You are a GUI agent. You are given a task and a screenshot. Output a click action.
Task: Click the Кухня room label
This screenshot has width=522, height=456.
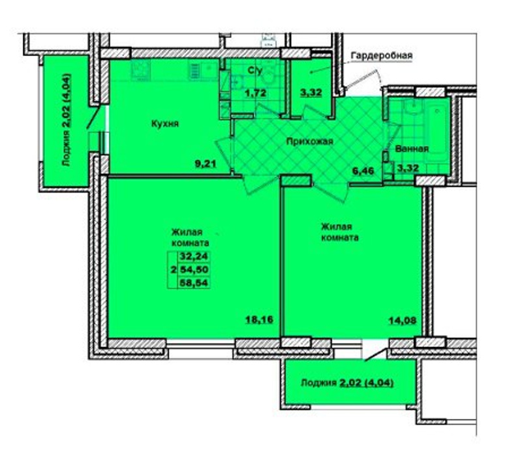[x=165, y=124]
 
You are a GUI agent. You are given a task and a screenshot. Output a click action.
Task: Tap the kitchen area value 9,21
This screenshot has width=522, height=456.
[x=206, y=164]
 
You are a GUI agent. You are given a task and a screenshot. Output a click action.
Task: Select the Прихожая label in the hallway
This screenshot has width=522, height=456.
[x=309, y=142]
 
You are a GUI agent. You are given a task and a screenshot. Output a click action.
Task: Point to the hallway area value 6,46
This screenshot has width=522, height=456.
[x=363, y=171]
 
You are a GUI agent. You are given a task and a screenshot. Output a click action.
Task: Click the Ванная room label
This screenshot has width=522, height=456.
[x=412, y=149]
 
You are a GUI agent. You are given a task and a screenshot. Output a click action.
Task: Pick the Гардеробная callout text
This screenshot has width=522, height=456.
[x=382, y=55]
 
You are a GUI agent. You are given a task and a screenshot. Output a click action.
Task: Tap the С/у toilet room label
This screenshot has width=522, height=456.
[x=255, y=70]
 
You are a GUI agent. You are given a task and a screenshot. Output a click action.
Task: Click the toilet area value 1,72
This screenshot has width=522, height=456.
[x=256, y=93]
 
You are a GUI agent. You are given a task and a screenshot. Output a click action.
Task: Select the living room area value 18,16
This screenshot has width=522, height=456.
[x=259, y=320]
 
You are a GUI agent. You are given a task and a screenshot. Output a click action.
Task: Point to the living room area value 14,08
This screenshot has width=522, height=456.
[x=403, y=321]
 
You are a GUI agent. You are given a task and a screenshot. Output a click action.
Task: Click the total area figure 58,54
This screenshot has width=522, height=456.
[x=194, y=283]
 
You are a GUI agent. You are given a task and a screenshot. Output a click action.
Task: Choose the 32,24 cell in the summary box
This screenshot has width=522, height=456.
[x=194, y=256]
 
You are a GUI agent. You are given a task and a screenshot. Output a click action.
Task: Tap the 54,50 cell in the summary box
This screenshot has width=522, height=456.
[x=194, y=269]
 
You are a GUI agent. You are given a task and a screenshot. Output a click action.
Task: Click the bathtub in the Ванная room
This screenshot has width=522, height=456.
[x=436, y=133]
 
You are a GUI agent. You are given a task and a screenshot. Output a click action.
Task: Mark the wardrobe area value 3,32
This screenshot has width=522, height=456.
[x=311, y=92]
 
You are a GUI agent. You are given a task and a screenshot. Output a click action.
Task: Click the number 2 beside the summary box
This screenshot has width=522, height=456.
[x=173, y=270]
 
